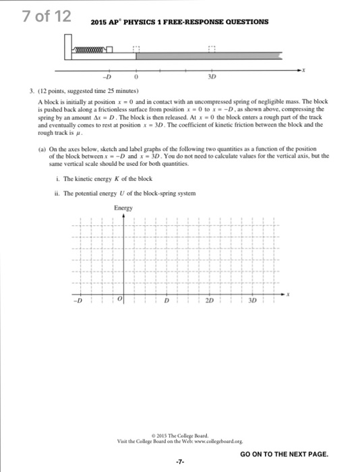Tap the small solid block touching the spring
click(126, 49)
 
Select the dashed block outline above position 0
click(137, 49)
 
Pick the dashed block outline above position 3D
click(212, 49)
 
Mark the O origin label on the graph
click(119, 299)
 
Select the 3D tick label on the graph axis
click(253, 299)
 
